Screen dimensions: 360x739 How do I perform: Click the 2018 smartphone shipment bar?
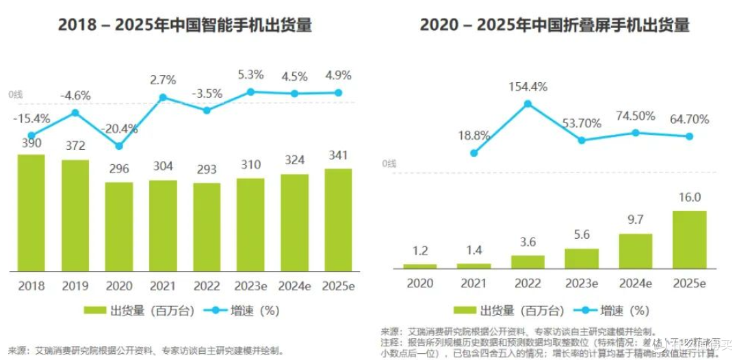31,211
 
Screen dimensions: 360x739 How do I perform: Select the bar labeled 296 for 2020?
118,225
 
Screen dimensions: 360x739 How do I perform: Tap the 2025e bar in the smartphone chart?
337,218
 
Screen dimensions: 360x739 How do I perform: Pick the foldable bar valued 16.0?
689,239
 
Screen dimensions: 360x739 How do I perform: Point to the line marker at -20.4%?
119,146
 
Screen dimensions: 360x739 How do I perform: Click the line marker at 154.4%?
528,104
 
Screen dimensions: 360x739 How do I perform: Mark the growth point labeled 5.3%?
250,92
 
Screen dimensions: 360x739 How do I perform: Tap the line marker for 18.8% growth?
474,153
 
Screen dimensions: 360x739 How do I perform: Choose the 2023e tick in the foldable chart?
581,282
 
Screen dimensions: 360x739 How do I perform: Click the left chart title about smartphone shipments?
185,25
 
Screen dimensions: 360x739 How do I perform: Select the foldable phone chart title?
554,25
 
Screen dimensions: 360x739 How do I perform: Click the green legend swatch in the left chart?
94,310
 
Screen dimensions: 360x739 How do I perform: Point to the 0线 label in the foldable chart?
389,163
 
